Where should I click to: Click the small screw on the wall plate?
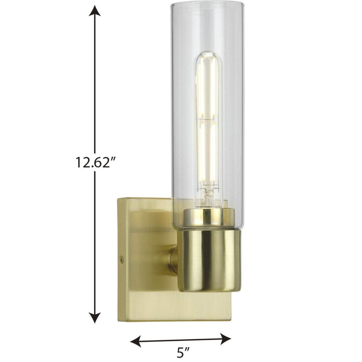pos(122,260)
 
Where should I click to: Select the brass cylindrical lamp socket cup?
pos(209,259)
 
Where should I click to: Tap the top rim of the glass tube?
pos(207,4)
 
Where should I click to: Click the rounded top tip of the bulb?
pos(208,54)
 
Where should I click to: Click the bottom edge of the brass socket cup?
pos(209,290)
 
